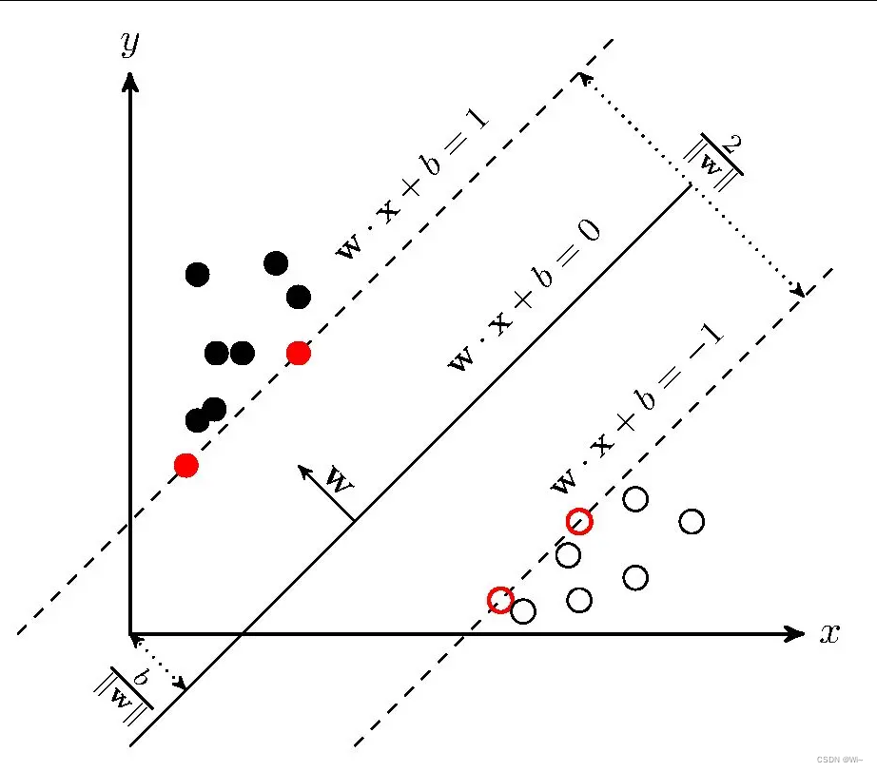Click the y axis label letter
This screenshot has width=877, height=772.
click(130, 44)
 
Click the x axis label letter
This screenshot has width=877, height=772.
click(829, 635)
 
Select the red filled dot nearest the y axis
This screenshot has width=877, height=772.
click(186, 465)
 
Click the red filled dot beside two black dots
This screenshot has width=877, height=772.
click(299, 354)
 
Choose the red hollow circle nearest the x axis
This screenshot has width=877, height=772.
click(500, 599)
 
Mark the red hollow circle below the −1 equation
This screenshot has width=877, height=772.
click(579, 521)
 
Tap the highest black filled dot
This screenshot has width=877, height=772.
click(276, 262)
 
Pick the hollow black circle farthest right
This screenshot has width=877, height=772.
click(692, 521)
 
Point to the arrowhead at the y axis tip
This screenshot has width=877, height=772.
click(130, 81)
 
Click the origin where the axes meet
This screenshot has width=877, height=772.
click(130, 634)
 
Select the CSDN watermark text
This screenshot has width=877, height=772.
click(839, 760)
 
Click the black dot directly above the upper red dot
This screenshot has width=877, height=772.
click(299, 298)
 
